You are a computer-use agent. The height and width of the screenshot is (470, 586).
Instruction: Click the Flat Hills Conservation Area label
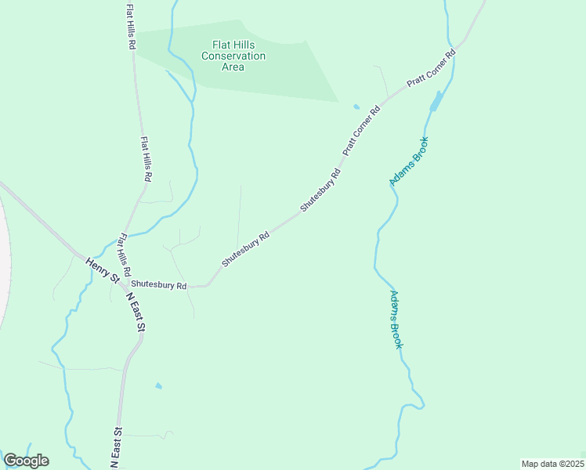233,56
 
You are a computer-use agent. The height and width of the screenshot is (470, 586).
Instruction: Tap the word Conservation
233,56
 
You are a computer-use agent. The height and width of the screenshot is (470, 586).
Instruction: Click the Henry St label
103,270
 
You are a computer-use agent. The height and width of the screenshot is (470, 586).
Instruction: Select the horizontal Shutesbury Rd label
159,285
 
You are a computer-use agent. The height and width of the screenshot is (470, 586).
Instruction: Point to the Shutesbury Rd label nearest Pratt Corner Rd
320,190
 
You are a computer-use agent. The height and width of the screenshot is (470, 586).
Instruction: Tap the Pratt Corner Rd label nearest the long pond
431,70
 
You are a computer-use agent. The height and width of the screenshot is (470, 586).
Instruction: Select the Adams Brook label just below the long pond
409,161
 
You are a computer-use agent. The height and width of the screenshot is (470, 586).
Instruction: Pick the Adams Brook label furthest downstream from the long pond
396,320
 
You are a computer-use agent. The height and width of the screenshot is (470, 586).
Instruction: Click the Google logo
26,461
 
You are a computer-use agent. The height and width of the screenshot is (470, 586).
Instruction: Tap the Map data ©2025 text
552,464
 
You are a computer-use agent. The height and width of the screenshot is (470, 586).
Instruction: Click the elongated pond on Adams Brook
436,101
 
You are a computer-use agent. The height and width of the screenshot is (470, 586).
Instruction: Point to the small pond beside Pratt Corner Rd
356,107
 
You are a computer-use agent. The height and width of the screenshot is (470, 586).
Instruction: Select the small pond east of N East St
159,386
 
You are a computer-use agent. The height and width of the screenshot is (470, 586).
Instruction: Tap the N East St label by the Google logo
117,448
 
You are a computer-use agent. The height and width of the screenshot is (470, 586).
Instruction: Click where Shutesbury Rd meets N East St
123,285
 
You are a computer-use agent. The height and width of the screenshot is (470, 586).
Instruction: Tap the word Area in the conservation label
233,67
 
